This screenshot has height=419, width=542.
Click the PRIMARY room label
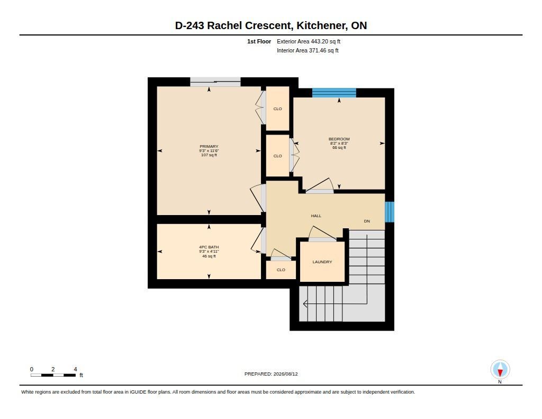coord(209,146)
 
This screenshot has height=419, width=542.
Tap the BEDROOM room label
coord(339,139)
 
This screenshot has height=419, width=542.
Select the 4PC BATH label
coord(209,247)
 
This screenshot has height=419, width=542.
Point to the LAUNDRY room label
coord(322,262)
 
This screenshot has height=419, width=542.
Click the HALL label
coord(316,216)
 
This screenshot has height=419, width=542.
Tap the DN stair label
coord(367,221)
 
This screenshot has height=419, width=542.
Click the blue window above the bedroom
coord(334,93)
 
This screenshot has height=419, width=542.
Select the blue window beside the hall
coord(390,212)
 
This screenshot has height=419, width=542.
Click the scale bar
coord(53,375)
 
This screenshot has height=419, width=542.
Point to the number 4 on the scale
coord(75,369)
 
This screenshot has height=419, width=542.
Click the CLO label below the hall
coord(281,270)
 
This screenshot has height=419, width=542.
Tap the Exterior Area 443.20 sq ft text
coord(309,41)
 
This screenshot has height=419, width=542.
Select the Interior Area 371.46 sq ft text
coord(308,50)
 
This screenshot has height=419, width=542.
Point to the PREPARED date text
coord(271,374)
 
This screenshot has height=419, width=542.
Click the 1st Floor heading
coord(259,41)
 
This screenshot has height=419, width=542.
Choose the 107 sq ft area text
coord(209,155)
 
